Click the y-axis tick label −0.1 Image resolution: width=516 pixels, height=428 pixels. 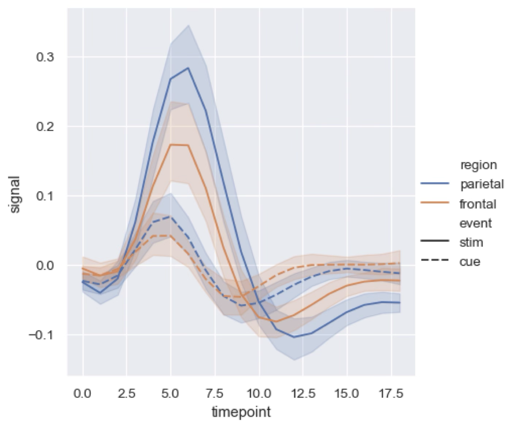[x=41, y=335]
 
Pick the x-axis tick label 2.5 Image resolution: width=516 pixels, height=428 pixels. [x=126, y=394]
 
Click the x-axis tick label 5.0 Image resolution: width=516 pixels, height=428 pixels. [x=170, y=394]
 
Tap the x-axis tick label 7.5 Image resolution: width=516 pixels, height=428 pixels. [x=215, y=394]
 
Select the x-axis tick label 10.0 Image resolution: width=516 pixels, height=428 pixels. [x=259, y=394]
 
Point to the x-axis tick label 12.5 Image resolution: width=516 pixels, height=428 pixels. [x=303, y=394]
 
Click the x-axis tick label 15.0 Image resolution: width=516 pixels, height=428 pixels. [x=347, y=394]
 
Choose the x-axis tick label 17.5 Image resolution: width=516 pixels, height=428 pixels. [x=391, y=394]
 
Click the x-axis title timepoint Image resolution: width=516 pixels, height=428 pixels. [x=241, y=412]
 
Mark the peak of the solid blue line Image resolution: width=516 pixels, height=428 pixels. [x=188, y=68]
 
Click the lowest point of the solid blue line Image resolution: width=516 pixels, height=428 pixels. [x=294, y=337]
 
